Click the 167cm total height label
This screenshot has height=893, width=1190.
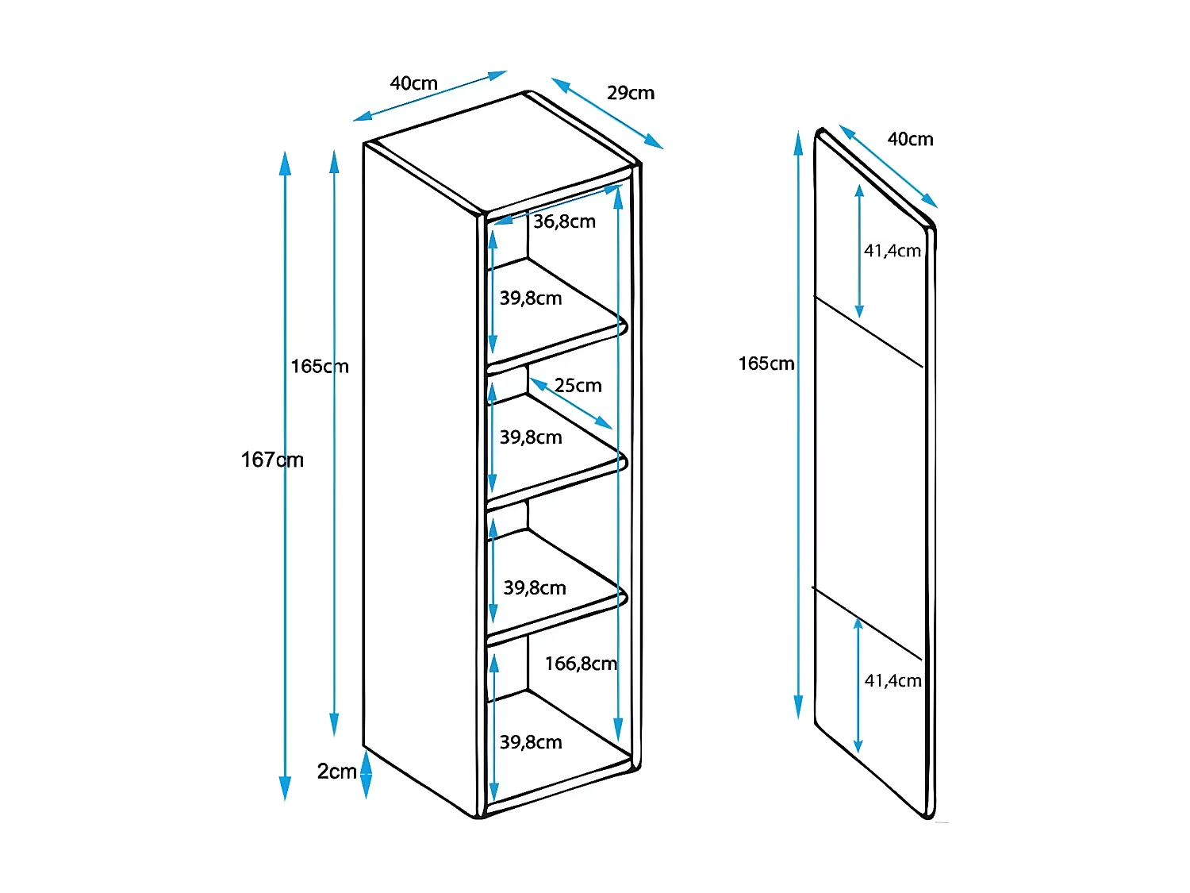[271, 460]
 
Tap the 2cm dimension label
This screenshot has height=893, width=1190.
[336, 771]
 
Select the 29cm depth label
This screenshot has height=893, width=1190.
[631, 93]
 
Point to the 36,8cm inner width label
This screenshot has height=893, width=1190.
[564, 221]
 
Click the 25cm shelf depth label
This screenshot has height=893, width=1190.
[578, 386]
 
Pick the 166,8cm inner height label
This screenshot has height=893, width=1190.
[581, 663]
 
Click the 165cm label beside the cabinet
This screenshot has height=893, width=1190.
[320, 367]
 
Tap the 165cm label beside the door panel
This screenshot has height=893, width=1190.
[766, 364]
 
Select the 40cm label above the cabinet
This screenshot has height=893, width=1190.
[413, 83]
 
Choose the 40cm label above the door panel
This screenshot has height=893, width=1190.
[910, 140]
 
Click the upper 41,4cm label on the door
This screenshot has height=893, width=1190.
[892, 251]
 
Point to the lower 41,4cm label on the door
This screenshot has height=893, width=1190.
[893, 680]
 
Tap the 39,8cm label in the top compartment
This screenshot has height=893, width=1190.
[530, 298]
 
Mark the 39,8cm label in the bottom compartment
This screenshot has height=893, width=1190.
[531, 742]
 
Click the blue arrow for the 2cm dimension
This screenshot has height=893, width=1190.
[367, 774]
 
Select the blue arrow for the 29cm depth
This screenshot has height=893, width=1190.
[607, 114]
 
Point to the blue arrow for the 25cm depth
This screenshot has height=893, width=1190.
[571, 404]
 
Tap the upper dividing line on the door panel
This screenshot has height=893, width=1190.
[868, 332]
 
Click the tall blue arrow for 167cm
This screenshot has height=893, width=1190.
[285, 476]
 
